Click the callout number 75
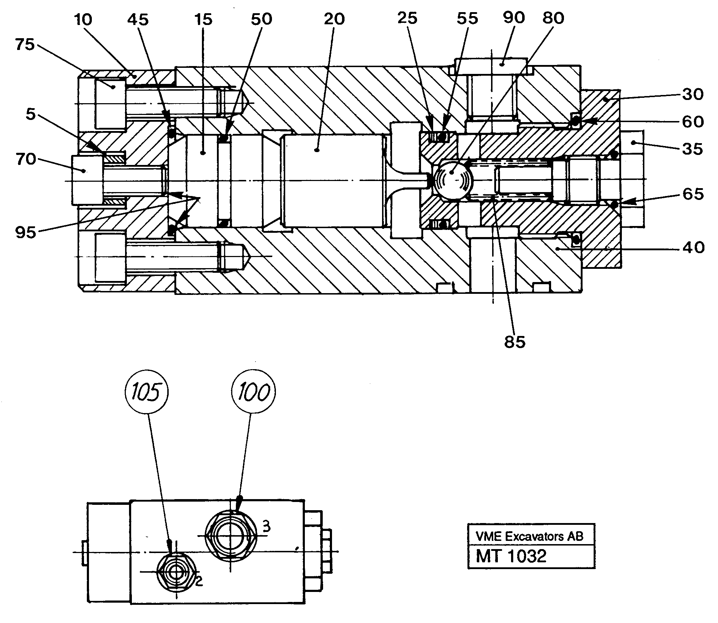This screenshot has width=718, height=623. point(25,45)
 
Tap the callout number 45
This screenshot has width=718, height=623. point(138,20)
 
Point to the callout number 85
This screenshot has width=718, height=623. point(515,342)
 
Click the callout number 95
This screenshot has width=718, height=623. point(26,233)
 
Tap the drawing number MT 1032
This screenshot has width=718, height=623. point(511,556)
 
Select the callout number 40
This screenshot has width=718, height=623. point(693,247)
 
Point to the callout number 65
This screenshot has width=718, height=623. point(693,194)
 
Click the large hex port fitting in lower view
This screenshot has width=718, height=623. point(231,536)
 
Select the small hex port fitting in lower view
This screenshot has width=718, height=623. point(177,573)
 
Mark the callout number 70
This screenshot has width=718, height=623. point(26,159)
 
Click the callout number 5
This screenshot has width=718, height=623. point(31,115)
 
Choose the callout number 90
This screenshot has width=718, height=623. point(514,18)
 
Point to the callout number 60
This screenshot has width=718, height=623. point(693,122)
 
